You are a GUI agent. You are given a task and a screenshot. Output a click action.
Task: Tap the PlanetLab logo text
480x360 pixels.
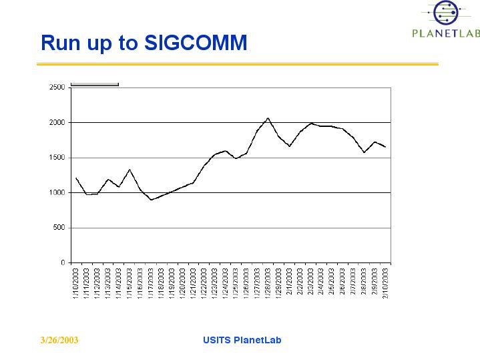pyautogui.click(x=445, y=33)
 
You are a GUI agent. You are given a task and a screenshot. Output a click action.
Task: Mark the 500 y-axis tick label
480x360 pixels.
pyautogui.click(x=59, y=228)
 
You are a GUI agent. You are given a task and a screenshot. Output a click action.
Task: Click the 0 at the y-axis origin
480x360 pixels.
pyautogui.click(x=62, y=262)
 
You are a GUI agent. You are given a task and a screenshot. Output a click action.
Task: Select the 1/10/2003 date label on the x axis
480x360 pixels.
pyautogui.click(x=76, y=283)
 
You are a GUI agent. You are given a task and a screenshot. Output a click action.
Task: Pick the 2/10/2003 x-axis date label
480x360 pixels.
pyautogui.click(x=385, y=283)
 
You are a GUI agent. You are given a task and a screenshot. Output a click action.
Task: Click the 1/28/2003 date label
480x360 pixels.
pyautogui.click(x=268, y=283)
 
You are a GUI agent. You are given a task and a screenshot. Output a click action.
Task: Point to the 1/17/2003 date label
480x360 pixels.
pyautogui.click(x=151, y=283)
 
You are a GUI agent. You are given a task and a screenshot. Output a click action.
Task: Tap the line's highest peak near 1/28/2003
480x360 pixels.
pyautogui.click(x=268, y=118)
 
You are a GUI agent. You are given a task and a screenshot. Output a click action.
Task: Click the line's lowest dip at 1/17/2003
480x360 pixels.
pyautogui.click(x=151, y=200)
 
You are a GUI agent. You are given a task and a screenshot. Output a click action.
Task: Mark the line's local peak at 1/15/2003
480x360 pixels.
pyautogui.click(x=130, y=170)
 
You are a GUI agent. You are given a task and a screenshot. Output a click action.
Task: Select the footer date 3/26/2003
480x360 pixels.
pyautogui.click(x=59, y=341)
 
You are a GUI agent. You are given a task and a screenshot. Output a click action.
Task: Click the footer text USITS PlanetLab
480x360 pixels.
pyautogui.click(x=242, y=340)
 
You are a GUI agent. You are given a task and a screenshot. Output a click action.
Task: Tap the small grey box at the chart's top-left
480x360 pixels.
pyautogui.click(x=94, y=84)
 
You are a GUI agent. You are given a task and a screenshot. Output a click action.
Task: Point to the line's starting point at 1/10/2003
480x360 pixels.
pyautogui.click(x=76, y=178)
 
